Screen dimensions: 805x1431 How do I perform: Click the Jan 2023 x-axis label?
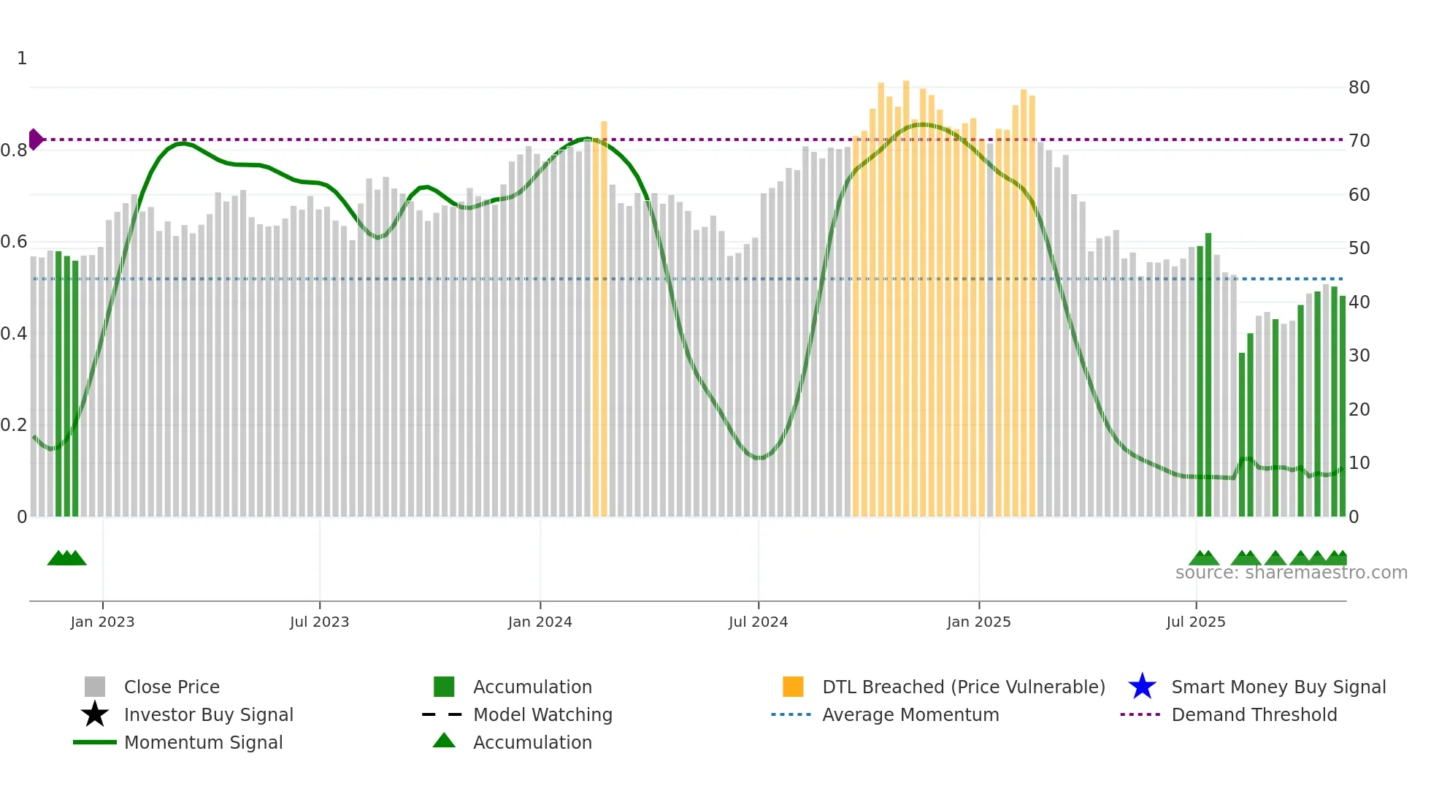pos(102,622)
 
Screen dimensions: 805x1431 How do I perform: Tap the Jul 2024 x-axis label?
pos(758,622)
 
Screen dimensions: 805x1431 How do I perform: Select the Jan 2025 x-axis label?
pos(978,622)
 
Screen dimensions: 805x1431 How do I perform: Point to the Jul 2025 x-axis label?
pos(1195,622)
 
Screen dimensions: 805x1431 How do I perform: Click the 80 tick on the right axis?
pos(1359,88)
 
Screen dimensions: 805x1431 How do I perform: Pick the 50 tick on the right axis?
pos(1359,248)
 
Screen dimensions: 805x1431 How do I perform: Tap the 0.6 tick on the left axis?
pos(14,242)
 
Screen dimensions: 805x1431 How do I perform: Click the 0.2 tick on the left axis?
pos(14,425)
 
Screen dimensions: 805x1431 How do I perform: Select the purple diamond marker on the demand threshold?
pos(36,139)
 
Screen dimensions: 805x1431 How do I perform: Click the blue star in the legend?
pos(1142,687)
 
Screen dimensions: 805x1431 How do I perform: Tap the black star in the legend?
pos(95,714)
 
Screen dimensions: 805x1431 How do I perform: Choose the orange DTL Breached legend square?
pos(793,687)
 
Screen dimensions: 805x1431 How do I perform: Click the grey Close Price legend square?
pos(95,687)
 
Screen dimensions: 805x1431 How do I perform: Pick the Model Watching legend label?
pos(542,714)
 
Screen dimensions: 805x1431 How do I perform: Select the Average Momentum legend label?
pos(910,714)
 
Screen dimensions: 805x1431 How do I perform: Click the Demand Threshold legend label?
pos(1254,714)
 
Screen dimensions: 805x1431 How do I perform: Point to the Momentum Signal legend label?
pos(203,742)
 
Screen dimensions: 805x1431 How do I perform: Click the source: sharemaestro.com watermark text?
pos(1291,573)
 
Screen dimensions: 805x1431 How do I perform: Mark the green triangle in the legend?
pos(444,741)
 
